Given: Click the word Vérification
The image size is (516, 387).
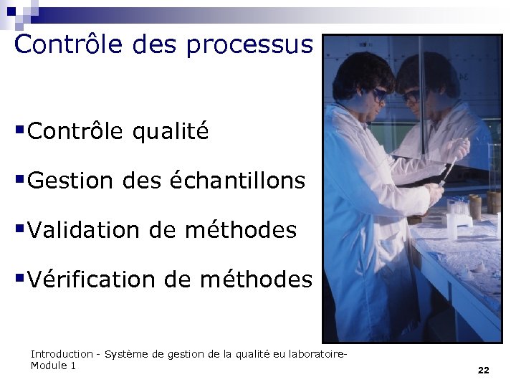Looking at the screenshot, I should coord(98,279).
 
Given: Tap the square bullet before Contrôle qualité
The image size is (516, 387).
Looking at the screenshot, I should coord(20,130).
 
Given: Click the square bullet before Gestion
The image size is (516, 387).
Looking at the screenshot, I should coord(20,178).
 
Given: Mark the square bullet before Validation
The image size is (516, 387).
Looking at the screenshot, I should coord(20,228).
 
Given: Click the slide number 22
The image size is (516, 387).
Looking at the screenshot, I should coord(483,370).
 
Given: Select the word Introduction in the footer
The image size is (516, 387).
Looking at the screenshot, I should coord(62,354).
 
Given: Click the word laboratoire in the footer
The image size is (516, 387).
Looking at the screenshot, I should coord(320,354).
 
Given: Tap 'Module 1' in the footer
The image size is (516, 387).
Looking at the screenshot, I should coord(53,365).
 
